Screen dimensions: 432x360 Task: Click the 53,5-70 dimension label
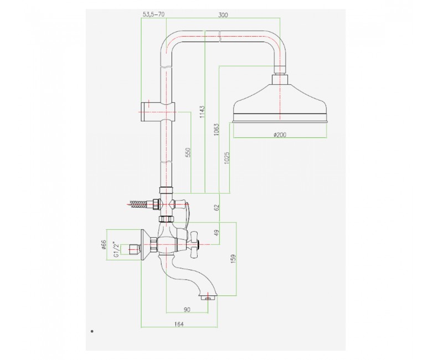[154, 14]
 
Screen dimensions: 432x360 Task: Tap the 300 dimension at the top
[223, 15]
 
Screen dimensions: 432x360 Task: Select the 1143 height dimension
[203, 111]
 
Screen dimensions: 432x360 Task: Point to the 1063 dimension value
[216, 131]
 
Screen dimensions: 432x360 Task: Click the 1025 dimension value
[227, 158]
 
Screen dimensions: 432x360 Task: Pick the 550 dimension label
[188, 152]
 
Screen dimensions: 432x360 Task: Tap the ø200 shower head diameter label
[280, 135]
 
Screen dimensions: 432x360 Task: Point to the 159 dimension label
[233, 259]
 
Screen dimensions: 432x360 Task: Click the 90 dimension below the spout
[187, 310]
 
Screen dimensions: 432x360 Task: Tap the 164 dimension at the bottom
[179, 324]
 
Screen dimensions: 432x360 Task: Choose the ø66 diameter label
[104, 244]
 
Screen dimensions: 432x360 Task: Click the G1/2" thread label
[116, 250]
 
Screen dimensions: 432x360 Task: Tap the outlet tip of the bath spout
[208, 298]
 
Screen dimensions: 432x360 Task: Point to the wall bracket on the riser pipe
[158, 112]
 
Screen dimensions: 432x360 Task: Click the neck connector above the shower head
[280, 79]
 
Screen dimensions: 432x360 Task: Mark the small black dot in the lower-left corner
[92, 331]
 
